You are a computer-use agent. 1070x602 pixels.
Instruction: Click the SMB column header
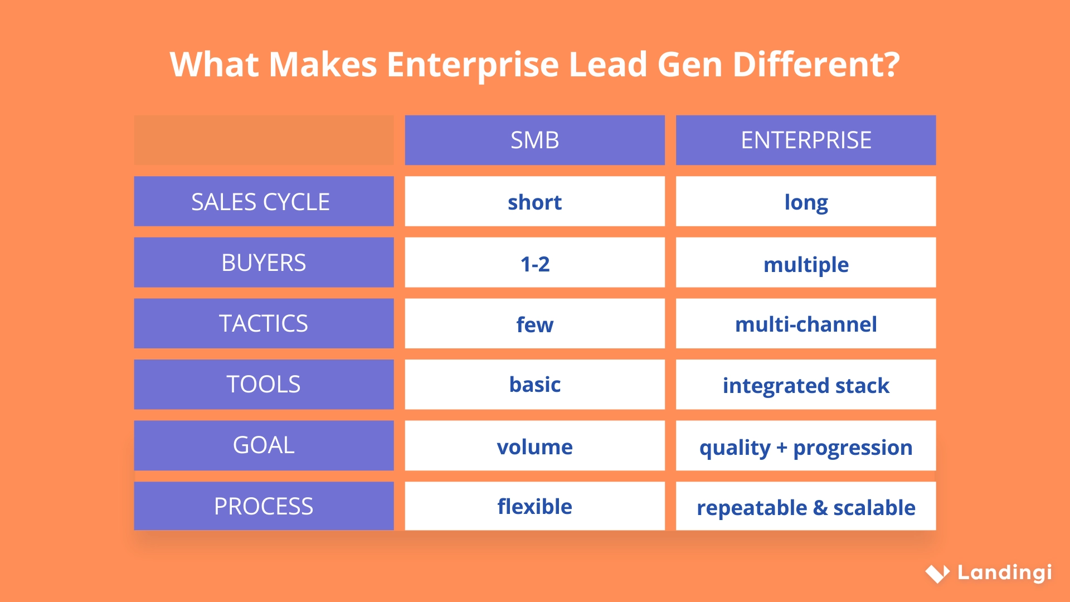pyautogui.click(x=534, y=140)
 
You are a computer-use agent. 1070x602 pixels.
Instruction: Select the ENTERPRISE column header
pyautogui.click(x=805, y=140)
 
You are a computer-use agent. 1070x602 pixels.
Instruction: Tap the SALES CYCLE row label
pyautogui.click(x=264, y=201)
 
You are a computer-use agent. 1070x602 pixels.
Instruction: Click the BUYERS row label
pyautogui.click(x=264, y=263)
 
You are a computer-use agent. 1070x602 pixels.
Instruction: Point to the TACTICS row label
pyautogui.click(x=264, y=323)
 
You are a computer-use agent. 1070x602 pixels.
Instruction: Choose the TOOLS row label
pyautogui.click(x=264, y=384)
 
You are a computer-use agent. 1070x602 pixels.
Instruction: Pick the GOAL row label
pyautogui.click(x=264, y=445)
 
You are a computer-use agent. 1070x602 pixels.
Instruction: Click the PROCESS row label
pyautogui.click(x=264, y=506)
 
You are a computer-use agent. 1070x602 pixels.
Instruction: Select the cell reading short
pyautogui.click(x=534, y=202)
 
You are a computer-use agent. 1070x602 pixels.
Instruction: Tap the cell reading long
pyautogui.click(x=805, y=202)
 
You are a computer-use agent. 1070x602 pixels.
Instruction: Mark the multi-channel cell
pyautogui.click(x=805, y=324)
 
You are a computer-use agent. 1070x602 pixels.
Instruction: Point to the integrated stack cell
pyautogui.click(x=805, y=385)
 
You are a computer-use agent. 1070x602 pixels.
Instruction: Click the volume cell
pyautogui.click(x=534, y=446)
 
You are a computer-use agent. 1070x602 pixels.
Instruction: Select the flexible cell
pyautogui.click(x=534, y=506)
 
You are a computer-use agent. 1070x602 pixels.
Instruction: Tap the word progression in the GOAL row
pyautogui.click(x=853, y=448)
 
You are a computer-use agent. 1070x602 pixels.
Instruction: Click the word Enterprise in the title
pyautogui.click(x=473, y=65)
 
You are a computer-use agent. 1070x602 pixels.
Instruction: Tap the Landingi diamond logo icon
pyautogui.click(x=937, y=573)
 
